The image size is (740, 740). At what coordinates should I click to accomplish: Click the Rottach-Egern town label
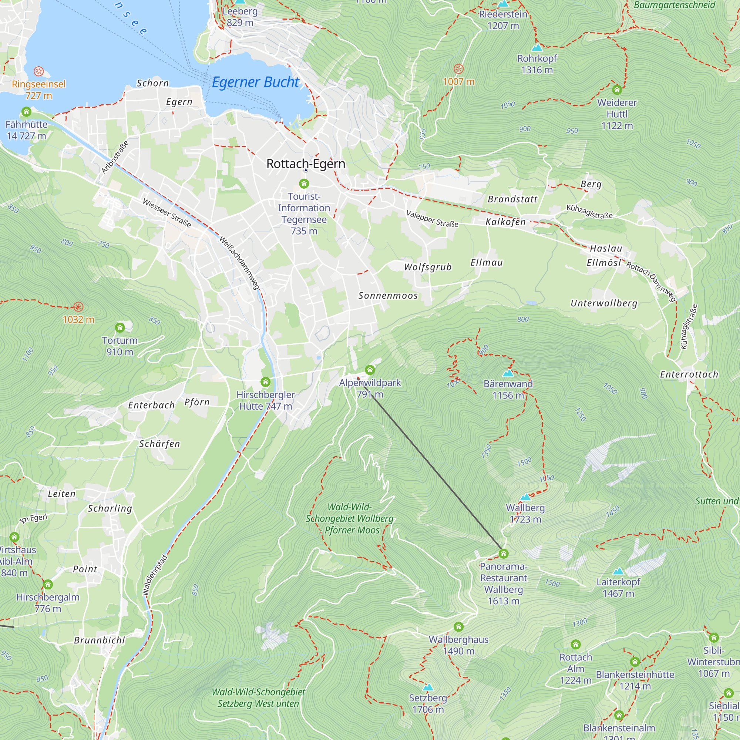(x=306, y=164)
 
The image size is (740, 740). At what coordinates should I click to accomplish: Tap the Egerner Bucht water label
(x=255, y=82)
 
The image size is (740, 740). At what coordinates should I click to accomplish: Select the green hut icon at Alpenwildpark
(x=370, y=370)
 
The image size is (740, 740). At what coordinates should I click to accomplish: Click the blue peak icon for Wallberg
(x=525, y=497)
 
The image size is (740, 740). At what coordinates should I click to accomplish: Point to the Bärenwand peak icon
(x=508, y=373)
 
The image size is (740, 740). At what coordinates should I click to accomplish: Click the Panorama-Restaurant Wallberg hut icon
(x=503, y=554)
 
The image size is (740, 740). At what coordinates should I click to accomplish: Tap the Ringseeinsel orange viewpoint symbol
(x=39, y=71)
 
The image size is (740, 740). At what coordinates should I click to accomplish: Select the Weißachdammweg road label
(x=239, y=262)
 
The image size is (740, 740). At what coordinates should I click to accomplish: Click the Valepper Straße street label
(x=432, y=219)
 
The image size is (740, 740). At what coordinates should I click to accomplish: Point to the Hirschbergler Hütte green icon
(x=265, y=382)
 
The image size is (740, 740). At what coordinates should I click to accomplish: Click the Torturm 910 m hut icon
(x=120, y=327)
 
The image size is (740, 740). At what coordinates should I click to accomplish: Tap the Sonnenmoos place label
(x=388, y=295)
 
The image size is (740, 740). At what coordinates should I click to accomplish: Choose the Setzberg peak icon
(x=428, y=687)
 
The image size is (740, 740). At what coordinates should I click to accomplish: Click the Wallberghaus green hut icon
(x=458, y=627)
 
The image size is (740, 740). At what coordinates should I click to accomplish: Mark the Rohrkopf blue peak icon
(x=537, y=48)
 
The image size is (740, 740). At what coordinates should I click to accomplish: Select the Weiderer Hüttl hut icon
(x=617, y=90)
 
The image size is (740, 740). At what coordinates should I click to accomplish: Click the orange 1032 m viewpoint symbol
(x=78, y=307)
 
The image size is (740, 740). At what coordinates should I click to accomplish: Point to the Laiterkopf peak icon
(x=618, y=572)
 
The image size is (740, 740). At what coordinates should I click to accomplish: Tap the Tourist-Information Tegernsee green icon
(x=304, y=184)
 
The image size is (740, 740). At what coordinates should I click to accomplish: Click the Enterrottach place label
(x=689, y=374)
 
